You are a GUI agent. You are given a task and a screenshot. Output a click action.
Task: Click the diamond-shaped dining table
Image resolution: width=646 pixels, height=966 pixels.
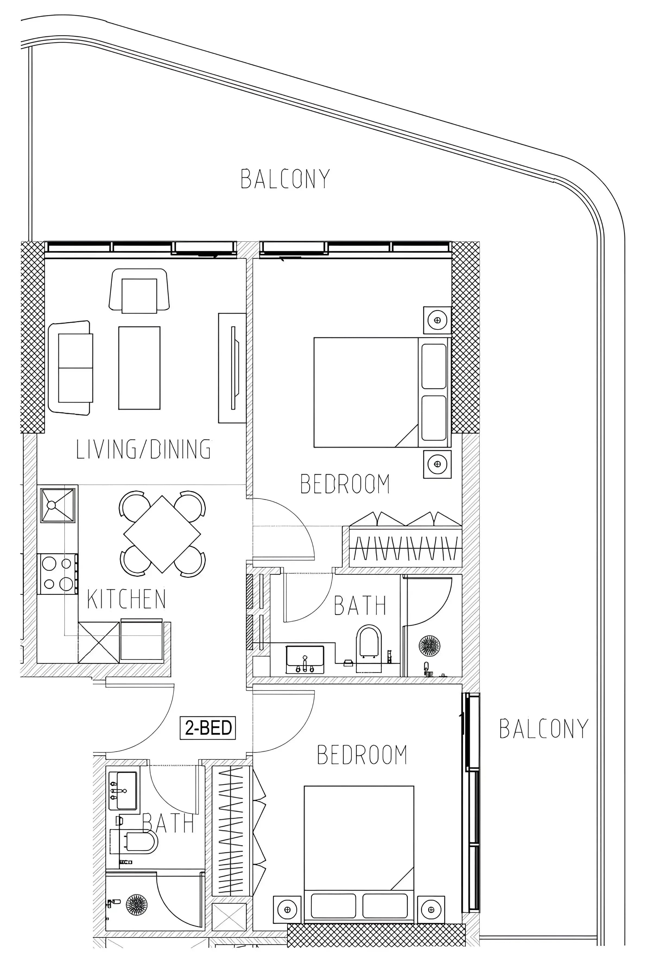click(162, 534)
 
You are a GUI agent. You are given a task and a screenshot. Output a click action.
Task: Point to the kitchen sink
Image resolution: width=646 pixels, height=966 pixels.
click(58, 505)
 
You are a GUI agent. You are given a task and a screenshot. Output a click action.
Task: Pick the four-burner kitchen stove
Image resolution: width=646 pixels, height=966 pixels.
click(58, 574)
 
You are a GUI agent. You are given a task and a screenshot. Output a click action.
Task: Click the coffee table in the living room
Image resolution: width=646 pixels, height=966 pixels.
click(139, 368)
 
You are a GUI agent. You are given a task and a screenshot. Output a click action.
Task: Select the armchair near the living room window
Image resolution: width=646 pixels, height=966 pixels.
click(139, 291)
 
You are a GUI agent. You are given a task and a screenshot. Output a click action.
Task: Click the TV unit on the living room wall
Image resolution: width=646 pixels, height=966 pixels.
click(232, 368)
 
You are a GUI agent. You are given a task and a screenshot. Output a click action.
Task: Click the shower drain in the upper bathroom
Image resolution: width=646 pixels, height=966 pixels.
click(429, 646)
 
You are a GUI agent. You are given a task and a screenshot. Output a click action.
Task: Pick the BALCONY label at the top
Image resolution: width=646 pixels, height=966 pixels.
click(285, 179)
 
